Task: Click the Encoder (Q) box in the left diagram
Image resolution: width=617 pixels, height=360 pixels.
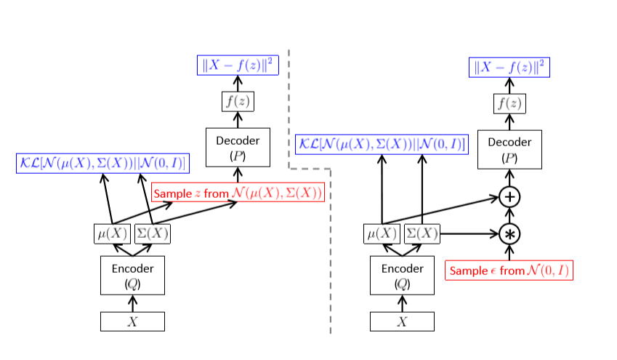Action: point(132,275)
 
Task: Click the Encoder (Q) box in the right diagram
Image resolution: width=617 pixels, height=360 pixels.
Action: point(402,275)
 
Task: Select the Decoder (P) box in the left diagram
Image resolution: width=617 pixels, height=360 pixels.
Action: point(238,146)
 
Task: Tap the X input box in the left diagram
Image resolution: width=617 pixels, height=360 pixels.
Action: point(132,321)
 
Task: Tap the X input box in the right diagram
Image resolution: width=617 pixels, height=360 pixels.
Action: point(402,321)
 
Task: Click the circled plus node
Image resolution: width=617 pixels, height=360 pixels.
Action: point(510,197)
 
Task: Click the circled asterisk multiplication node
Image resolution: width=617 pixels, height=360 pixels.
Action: point(510,233)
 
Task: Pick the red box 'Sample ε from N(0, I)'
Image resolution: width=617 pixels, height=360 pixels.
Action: point(510,271)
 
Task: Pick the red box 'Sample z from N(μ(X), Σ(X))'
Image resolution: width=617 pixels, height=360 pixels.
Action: point(238,193)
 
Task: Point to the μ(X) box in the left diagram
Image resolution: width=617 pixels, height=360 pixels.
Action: point(112,234)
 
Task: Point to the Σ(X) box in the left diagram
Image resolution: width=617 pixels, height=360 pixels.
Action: point(153,234)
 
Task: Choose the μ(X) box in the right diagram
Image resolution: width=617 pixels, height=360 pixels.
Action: point(382,234)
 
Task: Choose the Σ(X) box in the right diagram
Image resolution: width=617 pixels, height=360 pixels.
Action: point(422,234)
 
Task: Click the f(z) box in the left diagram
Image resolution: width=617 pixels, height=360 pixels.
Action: point(238,102)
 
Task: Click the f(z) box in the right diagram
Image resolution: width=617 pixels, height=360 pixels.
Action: point(509,103)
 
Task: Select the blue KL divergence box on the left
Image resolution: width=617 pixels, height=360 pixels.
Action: point(102,163)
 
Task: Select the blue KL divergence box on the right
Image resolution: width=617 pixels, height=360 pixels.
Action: point(382,143)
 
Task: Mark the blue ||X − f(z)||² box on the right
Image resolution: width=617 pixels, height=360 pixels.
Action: point(509,68)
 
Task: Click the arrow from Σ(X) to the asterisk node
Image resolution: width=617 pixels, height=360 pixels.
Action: point(469,233)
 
